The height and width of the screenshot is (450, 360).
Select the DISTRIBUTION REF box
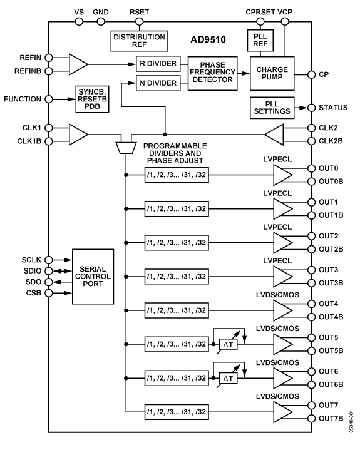click(139, 41)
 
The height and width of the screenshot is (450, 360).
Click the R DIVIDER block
click(157, 64)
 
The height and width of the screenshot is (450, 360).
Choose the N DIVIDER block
click(157, 83)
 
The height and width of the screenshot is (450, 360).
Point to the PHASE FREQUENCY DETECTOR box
click(212, 73)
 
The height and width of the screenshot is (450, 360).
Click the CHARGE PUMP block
click(271, 73)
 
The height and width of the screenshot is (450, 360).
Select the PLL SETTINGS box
click(272, 108)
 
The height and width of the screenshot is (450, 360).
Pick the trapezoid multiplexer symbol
click(126, 147)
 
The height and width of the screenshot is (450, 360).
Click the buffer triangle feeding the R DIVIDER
click(78, 64)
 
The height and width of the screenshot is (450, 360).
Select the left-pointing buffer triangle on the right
click(277, 134)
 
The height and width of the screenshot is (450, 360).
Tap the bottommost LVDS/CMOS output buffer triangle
click(284, 411)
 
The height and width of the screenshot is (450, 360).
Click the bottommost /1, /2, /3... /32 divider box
click(176, 411)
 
